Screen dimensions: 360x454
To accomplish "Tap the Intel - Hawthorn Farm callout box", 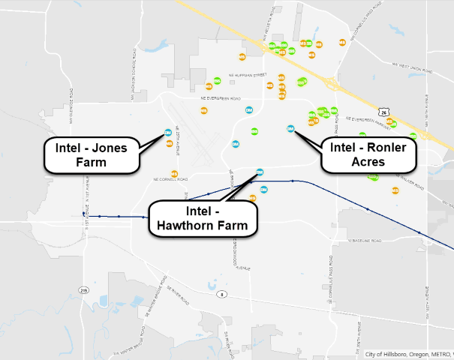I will coord(203,216).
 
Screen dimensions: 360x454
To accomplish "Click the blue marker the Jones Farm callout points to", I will coord(168,133).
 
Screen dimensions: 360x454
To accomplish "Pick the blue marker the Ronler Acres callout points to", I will coord(290,128).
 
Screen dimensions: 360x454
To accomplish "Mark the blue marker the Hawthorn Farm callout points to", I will coord(260,172).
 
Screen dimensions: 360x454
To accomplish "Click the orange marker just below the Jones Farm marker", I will coord(169,142).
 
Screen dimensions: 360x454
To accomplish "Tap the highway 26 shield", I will coord(384,112).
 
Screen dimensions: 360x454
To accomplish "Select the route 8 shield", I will coord(222,294).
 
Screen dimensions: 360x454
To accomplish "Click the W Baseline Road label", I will coord(365,241).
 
